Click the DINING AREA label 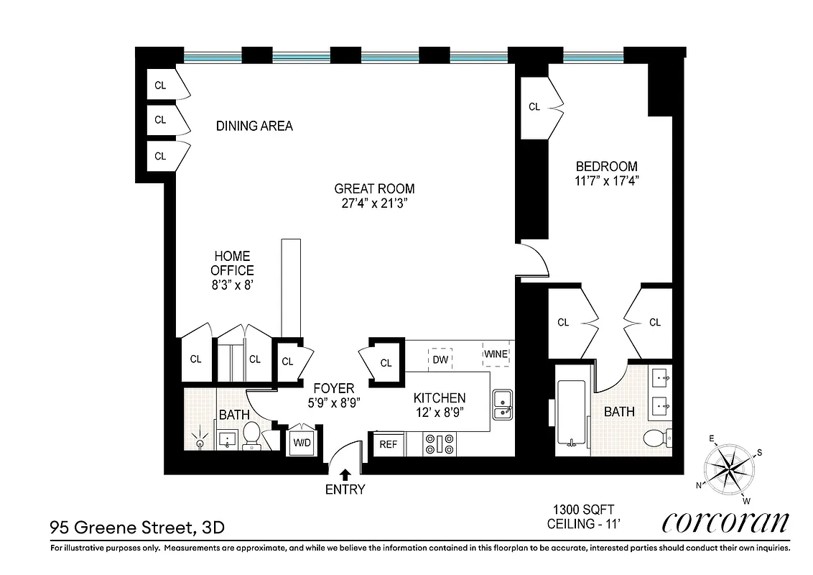click(x=254, y=126)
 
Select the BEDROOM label click(x=606, y=166)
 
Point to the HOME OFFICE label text click(x=231, y=263)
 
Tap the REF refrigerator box click(x=388, y=444)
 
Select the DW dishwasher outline click(x=440, y=358)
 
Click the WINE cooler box click(x=496, y=354)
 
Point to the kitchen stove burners click(x=439, y=443)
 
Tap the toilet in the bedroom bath click(x=656, y=437)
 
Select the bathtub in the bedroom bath click(x=572, y=413)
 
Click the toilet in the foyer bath click(x=251, y=434)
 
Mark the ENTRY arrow click(x=345, y=474)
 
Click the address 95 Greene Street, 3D click(x=136, y=528)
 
